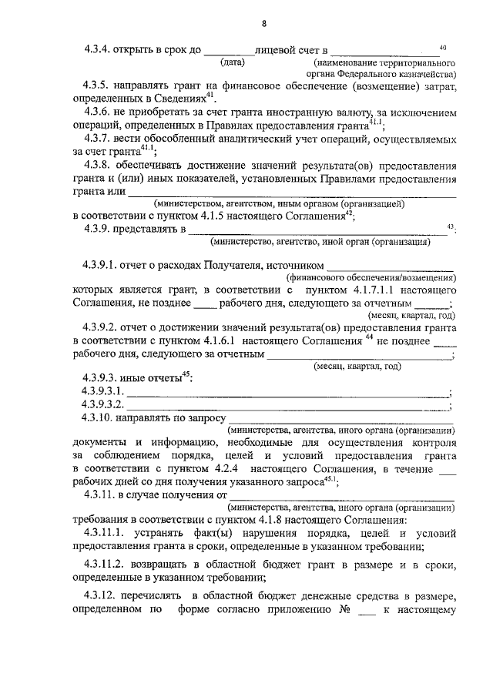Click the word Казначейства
[423, 74]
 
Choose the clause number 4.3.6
[98, 112]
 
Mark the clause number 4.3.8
[98, 165]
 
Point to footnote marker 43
[451, 226]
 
